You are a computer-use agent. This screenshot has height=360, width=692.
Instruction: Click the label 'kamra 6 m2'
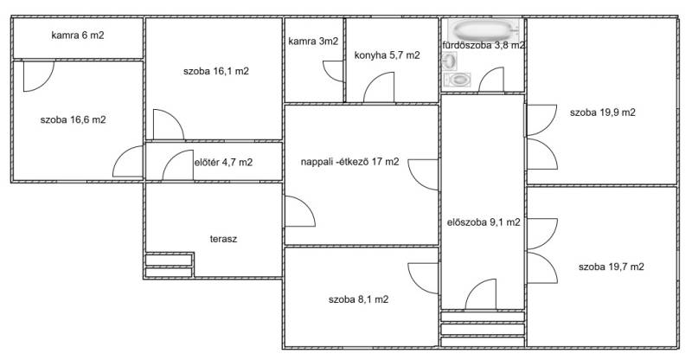pyautogui.click(x=78, y=35)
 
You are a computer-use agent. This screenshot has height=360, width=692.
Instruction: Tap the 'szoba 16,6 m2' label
pyautogui.click(x=73, y=119)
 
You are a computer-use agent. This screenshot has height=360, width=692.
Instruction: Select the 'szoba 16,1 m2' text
pyautogui.click(x=215, y=71)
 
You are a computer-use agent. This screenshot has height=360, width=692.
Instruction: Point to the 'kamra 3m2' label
pyautogui.click(x=313, y=42)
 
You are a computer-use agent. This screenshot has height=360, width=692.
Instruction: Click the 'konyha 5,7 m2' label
pyautogui.click(x=387, y=55)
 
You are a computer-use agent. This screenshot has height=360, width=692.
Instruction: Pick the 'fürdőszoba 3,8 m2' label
pyautogui.click(x=484, y=45)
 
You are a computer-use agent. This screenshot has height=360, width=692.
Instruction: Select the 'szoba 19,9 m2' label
pyautogui.click(x=602, y=112)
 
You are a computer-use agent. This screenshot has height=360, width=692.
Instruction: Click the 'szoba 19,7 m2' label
pyautogui.click(x=611, y=267)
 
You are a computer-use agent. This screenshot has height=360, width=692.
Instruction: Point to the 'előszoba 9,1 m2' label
pyautogui.click(x=484, y=222)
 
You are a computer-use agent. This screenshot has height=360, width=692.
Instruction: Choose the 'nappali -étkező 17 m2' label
pyautogui.click(x=350, y=162)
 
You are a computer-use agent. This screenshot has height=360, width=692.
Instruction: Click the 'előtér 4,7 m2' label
pyautogui.click(x=223, y=163)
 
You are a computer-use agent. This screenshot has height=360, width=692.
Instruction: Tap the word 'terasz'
pyautogui.click(x=223, y=239)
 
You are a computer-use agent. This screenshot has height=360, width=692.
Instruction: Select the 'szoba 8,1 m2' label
pyautogui.click(x=358, y=299)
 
